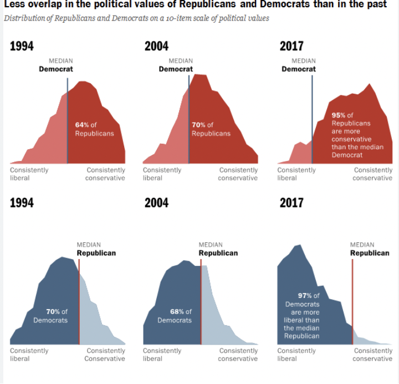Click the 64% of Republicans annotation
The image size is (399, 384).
pos(94,129)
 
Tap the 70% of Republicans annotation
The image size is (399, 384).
pos(211,129)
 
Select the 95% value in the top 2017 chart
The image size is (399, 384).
pos(339,115)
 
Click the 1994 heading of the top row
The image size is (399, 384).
pos(22,46)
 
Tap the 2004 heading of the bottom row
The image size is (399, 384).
pos(156,203)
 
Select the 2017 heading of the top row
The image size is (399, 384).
pos(291,46)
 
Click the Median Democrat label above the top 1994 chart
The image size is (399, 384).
pos(55,65)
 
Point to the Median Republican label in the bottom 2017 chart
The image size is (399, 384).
pos(370,249)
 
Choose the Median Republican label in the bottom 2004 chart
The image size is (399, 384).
pos(218,249)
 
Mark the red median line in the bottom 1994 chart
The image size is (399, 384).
pos(79,302)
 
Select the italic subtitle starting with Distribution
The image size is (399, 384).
pos(136,18)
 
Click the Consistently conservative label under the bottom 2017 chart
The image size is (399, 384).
pos(372,355)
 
